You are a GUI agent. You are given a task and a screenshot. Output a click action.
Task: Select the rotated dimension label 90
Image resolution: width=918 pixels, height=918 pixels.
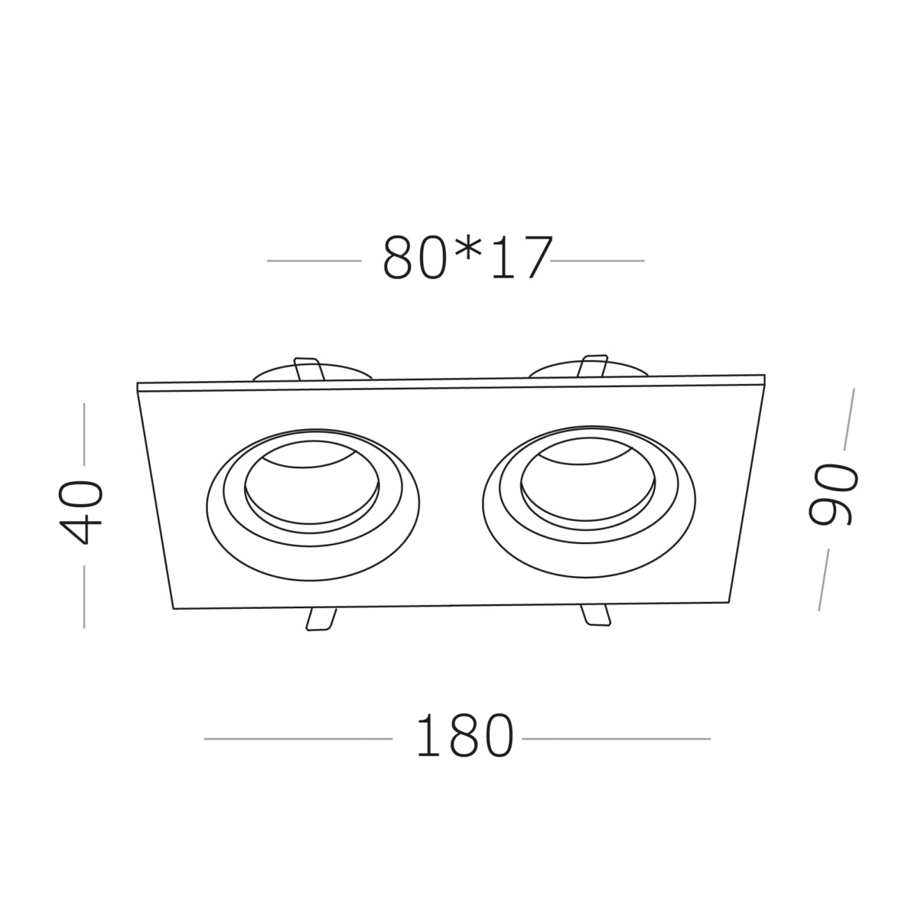pos(834,494)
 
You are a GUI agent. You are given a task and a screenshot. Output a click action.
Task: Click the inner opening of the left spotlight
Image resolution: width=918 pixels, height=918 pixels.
pos(312,490)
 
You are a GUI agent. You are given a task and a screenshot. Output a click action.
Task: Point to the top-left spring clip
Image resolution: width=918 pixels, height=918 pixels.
pos(308,369)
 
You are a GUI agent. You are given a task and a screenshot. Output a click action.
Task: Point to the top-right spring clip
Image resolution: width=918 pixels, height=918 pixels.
pos(594,366)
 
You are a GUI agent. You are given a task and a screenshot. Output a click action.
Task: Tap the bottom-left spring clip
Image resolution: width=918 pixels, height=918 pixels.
pos(320,619)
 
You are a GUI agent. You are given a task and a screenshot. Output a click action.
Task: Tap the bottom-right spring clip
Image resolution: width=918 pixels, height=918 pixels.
pos(595,616)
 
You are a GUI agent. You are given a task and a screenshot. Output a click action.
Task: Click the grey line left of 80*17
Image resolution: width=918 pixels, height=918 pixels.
pos(314,261)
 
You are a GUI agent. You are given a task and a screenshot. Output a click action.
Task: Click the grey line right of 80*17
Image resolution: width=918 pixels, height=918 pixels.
pos(597,261)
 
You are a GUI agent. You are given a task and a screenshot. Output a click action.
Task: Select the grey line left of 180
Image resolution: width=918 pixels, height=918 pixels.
pos(298,739)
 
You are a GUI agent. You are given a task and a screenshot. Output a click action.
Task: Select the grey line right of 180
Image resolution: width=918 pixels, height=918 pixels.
pos(616,739)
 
